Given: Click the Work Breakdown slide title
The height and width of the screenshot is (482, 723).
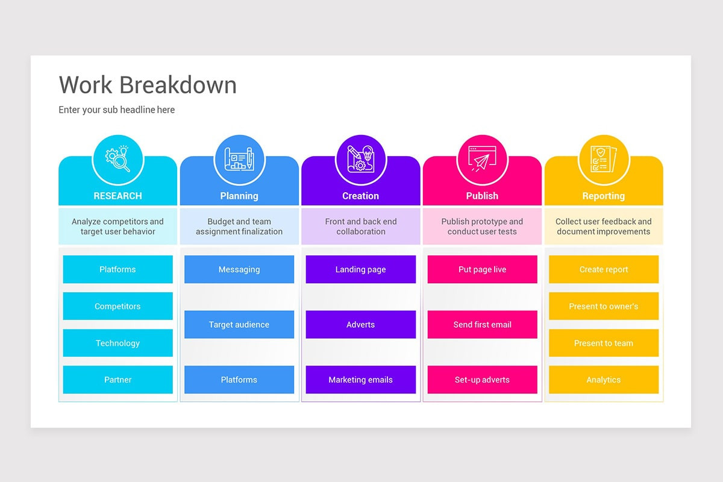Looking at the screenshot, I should [148, 85].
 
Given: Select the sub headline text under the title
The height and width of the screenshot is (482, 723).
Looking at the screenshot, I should [116, 110].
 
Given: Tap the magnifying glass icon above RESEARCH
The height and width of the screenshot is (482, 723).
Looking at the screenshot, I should [117, 160].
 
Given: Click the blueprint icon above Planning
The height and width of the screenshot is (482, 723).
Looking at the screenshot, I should [239, 160].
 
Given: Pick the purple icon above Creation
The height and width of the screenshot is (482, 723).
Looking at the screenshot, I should [360, 160].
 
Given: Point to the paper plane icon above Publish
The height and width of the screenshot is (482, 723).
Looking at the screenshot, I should [482, 160].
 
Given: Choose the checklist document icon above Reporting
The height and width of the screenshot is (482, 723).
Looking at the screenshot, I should [603, 160].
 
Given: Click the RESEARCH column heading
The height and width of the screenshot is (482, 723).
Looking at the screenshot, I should [117, 196].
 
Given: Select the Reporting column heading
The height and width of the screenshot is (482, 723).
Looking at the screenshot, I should [603, 196].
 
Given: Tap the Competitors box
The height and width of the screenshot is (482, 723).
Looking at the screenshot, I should [117, 306].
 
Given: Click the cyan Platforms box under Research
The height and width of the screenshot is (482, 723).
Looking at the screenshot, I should [117, 269].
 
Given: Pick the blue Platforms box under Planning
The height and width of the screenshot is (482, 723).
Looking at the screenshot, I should [239, 380].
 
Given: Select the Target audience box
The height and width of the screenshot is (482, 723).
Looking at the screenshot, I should [239, 324].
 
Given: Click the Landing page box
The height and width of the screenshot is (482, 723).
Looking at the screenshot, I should [360, 269].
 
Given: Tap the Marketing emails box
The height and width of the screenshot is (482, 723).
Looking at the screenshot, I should [360, 380].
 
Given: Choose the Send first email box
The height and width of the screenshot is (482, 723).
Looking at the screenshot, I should [482, 324].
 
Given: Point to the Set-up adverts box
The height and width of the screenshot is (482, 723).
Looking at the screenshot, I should [482, 380].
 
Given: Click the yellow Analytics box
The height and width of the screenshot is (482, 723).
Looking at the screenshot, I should [603, 380].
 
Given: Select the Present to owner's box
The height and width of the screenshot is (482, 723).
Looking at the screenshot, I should [603, 306].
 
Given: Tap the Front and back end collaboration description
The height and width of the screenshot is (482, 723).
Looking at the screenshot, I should [360, 227].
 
